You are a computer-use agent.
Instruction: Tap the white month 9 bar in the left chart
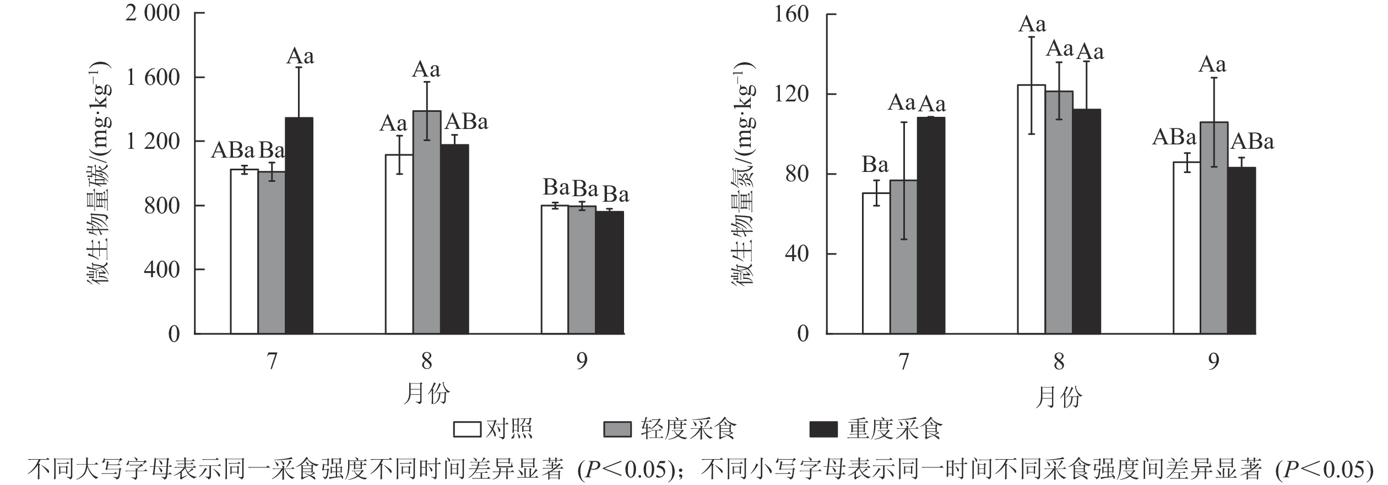pos(555,270)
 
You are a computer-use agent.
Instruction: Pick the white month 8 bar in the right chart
pos(1032,209)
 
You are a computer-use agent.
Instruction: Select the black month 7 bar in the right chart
pos(931,225)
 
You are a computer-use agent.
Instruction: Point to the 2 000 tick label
pos(153,13)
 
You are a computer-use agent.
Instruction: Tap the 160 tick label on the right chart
pos(791,14)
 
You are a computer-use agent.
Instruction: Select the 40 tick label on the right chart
pos(798,254)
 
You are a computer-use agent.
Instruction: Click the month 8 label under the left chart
pos(427,362)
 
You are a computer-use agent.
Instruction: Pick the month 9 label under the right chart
pos(1214,362)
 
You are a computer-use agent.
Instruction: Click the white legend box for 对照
pos(467,430)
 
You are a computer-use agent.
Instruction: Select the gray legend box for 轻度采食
pos(617,430)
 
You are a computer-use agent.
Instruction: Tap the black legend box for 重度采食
pos(823,430)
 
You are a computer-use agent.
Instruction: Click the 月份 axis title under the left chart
pos(427,395)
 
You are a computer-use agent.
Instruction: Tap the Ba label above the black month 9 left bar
pos(615,195)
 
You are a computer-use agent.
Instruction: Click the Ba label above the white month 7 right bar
pos(875,165)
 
